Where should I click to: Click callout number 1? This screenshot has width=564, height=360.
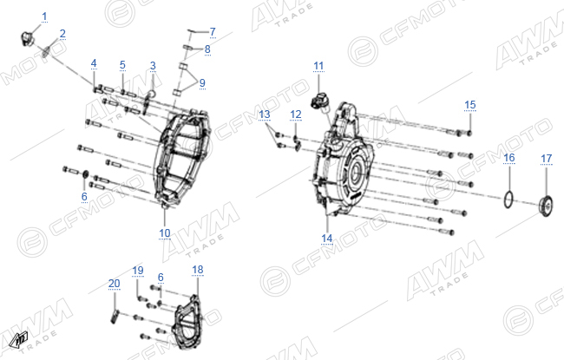pos(44,16)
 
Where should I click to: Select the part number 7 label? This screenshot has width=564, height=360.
pos(213,32)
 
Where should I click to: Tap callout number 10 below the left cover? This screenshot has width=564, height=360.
pos(164,233)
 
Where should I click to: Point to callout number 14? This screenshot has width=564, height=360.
pos(326,239)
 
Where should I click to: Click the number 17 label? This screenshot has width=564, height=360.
pos(547,159)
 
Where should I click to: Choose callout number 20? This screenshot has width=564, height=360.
pos(114,284)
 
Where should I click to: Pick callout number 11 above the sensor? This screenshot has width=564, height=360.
pos(318,66)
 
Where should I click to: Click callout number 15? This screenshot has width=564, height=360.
pos(470,105)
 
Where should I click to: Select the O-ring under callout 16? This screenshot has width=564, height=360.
pos(508,200)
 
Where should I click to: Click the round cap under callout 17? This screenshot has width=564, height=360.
pos(546,206)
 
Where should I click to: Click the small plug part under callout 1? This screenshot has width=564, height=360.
pos(27,38)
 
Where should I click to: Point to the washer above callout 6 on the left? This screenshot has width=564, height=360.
pos(86,174)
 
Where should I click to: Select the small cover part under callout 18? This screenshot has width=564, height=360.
pos(187,322)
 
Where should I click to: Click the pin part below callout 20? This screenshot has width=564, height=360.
pos(115,317)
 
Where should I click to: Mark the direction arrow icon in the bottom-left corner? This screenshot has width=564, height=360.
pos(19,339)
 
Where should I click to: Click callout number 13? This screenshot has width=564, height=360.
pos(265,115)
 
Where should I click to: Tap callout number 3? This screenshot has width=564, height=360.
pos(153,66)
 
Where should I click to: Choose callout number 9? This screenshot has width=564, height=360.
pos(202,83)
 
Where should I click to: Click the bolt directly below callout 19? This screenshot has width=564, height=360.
pos(142,298)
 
